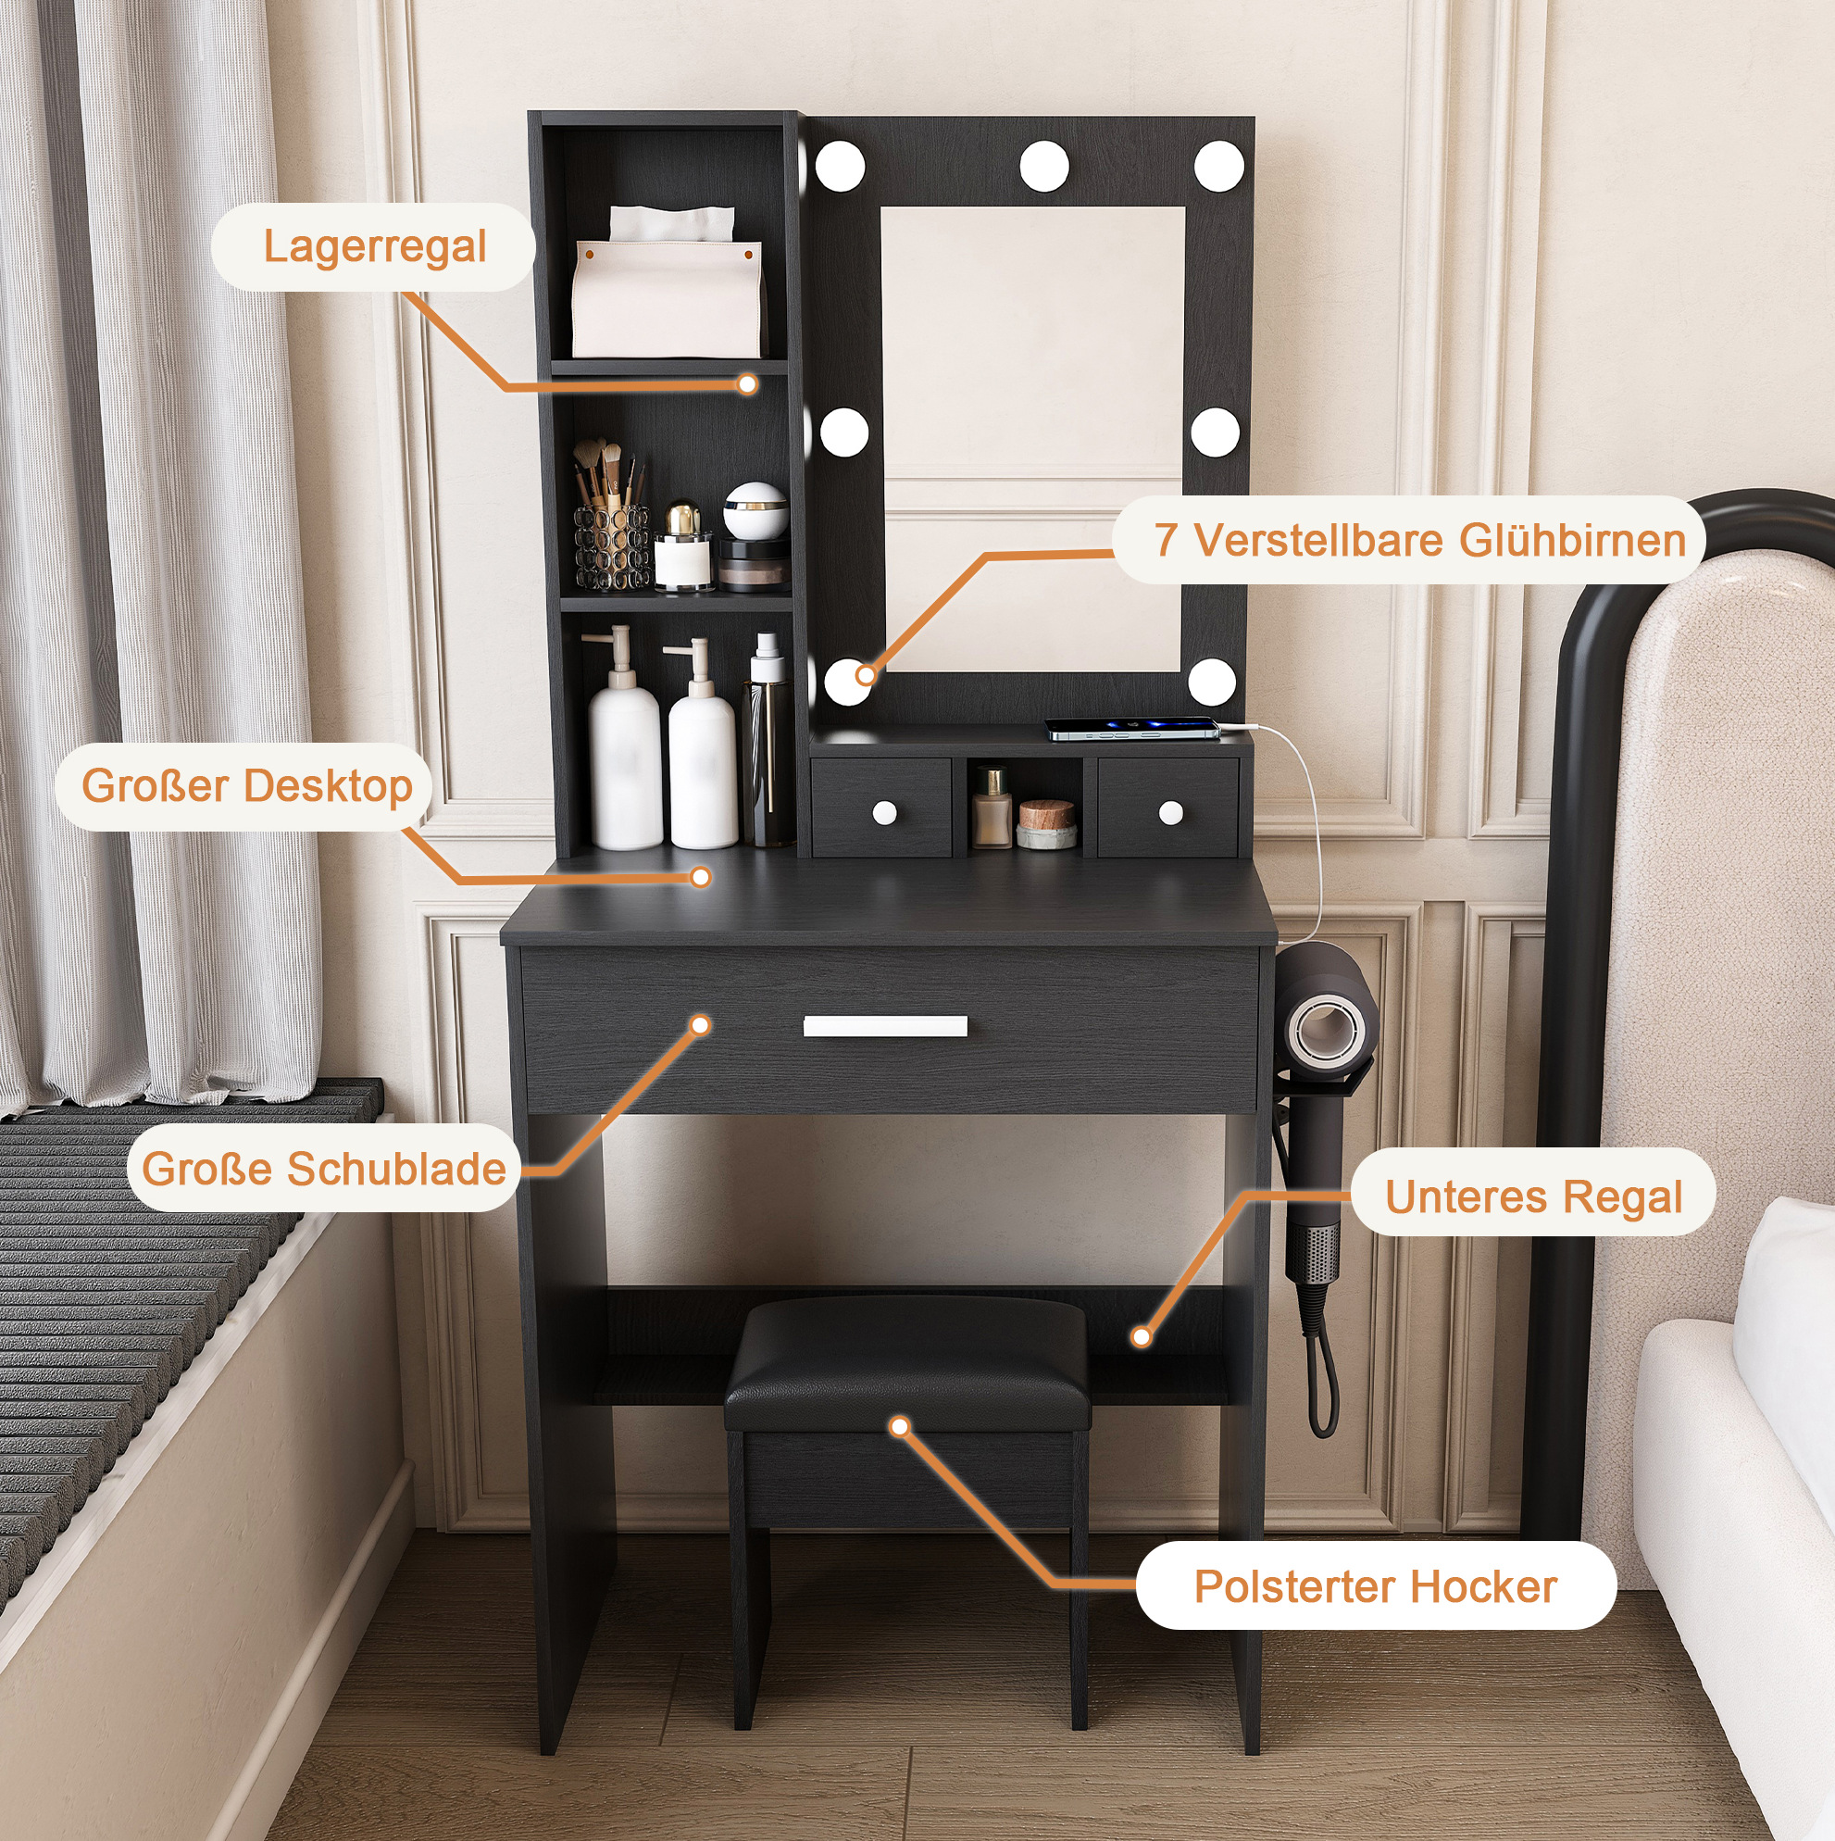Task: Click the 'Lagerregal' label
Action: coord(373,247)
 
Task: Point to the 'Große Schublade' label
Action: coord(324,1169)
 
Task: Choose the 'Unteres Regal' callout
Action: coord(1534,1196)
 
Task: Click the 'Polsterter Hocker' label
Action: coord(1376,1586)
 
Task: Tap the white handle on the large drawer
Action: coord(885,1025)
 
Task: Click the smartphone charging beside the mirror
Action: coord(1133,729)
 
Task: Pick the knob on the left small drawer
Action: coord(884,813)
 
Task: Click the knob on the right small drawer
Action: coord(1171,813)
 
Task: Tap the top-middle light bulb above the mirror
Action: coord(1044,166)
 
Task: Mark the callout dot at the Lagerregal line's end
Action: coord(748,384)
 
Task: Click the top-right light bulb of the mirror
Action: coord(1218,166)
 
